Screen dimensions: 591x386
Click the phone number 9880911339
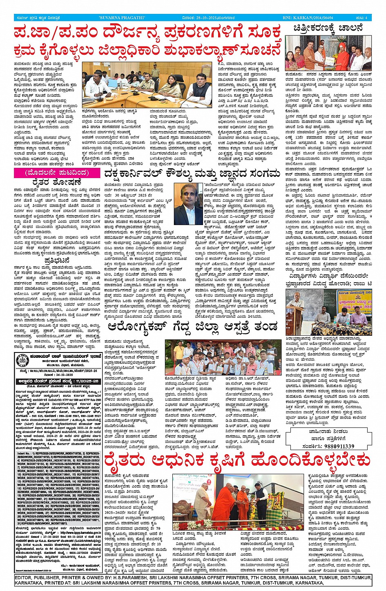pyautogui.click(x=337, y=446)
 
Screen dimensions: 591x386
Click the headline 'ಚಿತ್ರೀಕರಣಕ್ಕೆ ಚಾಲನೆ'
pyautogui.click(x=328, y=29)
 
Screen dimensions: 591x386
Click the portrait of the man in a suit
pyautogui.click(x=188, y=204)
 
